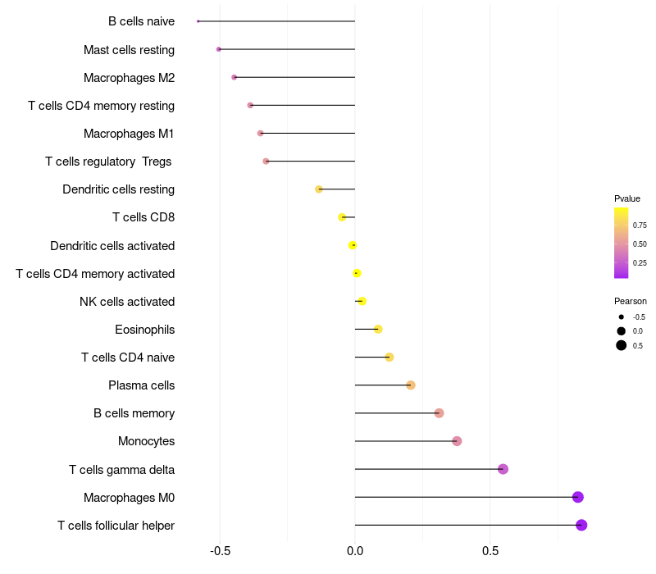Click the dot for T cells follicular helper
click(581, 525)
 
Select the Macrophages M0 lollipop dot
click(578, 497)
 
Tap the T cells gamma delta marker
click(503, 469)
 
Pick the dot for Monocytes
click(457, 441)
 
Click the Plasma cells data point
click(411, 385)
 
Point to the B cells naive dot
click(198, 21)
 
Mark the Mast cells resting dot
click(218, 49)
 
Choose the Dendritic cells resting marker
click(319, 189)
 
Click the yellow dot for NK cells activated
click(362, 301)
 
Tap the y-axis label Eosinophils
click(145, 330)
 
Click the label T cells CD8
click(143, 217)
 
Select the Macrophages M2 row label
click(129, 78)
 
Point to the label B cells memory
click(134, 413)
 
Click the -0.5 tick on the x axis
click(220, 550)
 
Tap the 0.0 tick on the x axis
click(355, 550)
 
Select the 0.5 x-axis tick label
click(490, 550)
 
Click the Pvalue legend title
click(627, 198)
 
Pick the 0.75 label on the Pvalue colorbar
click(640, 225)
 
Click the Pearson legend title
click(631, 301)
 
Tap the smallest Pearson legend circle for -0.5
click(622, 317)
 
